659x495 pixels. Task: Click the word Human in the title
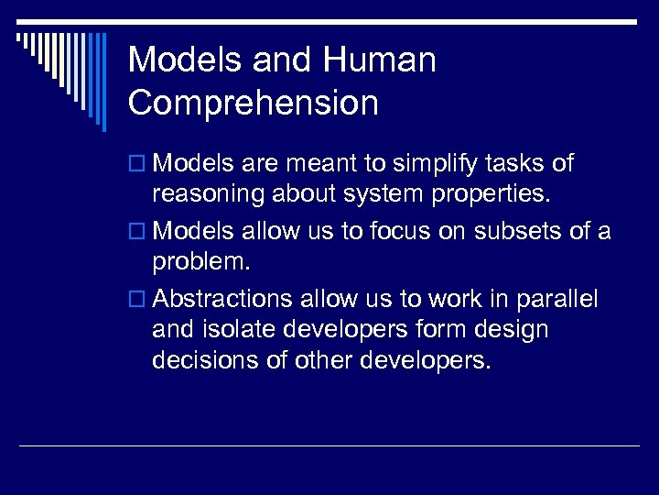click(x=379, y=60)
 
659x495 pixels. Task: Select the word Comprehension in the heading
click(x=253, y=103)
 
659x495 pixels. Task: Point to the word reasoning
click(x=211, y=195)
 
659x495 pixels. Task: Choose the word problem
click(x=198, y=263)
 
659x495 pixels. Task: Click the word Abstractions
click(x=223, y=300)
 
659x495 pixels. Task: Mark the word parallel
click(x=556, y=300)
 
